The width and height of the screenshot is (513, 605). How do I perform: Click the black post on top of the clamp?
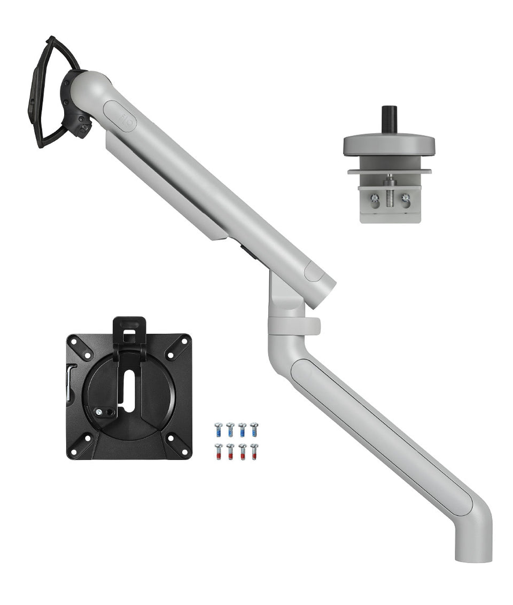388,119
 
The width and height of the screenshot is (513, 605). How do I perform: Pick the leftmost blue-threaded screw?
218,429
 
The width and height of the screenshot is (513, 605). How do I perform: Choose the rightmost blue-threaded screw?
254,429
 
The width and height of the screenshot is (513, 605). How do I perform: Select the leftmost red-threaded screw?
218,451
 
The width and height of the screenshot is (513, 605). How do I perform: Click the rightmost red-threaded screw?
254,451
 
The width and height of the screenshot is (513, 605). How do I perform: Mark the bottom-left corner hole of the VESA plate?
74,452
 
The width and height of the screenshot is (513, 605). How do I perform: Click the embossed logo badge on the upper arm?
120,116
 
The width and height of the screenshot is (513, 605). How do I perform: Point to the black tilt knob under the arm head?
83,128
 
